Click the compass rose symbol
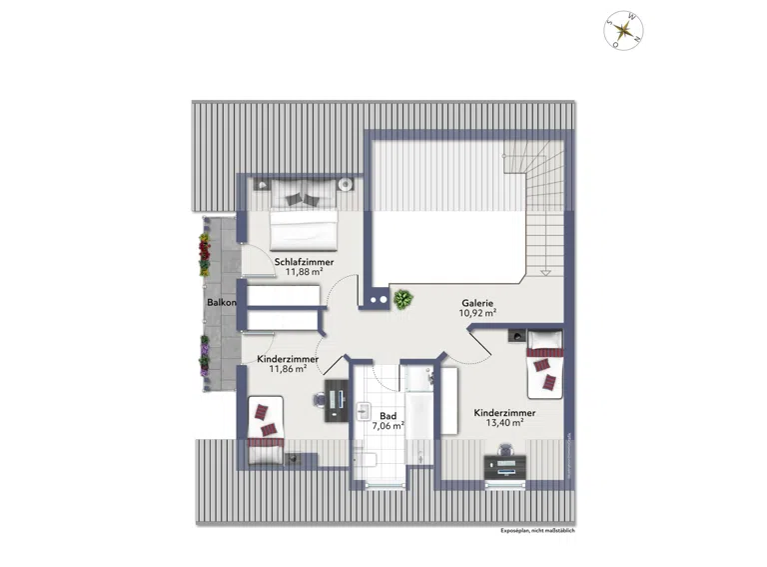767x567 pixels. tap(623, 30)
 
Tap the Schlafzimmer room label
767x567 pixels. tap(304, 262)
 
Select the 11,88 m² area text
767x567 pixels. tap(304, 272)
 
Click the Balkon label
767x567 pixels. tap(221, 303)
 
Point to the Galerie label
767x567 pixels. tap(477, 303)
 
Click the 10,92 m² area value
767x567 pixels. tap(477, 313)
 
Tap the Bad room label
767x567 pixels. tap(387, 416)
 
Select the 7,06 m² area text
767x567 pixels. tap(387, 426)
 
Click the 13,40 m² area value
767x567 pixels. tap(504, 423)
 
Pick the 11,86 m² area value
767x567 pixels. tap(288, 369)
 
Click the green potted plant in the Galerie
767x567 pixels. tap(402, 299)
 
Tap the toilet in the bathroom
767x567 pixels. tap(365, 460)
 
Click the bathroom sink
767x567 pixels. tap(363, 412)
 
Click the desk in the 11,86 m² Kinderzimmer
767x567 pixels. tap(337, 400)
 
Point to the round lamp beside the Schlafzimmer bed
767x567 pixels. tap(346, 185)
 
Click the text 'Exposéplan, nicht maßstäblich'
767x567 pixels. tap(538, 530)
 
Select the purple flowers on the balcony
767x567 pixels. tap(204, 356)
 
